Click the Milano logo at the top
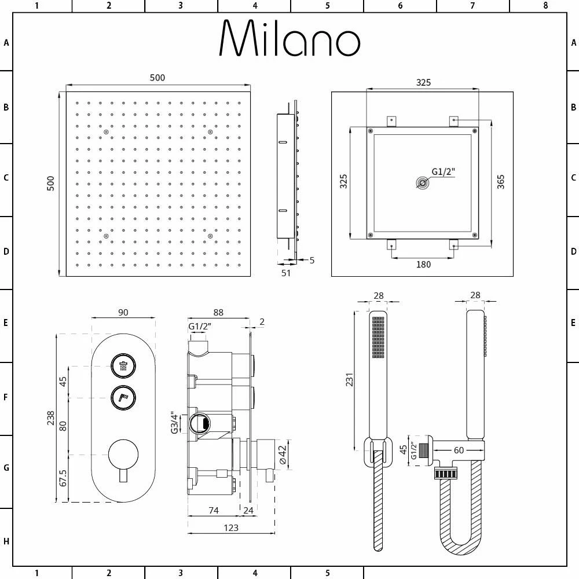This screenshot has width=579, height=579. [289, 38]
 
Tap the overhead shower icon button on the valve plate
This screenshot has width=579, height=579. [123, 367]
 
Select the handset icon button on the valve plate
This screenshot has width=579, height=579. [123, 398]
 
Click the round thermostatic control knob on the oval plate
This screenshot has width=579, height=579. [123, 455]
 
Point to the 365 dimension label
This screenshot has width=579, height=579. [501, 182]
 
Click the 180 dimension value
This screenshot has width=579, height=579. [423, 265]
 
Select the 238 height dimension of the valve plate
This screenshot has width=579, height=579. [50, 418]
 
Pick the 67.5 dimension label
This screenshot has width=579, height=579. [63, 478]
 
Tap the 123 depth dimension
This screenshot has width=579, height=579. [231, 527]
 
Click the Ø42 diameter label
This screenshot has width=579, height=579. [283, 455]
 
